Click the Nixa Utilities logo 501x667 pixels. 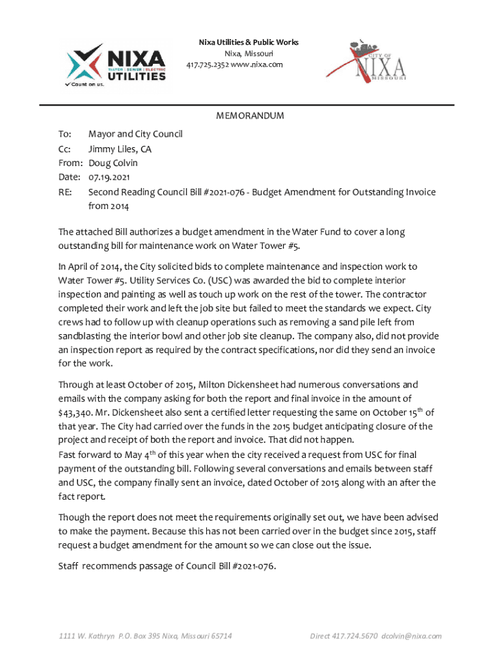[116, 64]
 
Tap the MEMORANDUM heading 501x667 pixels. [250, 116]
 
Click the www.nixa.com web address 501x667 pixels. [258, 64]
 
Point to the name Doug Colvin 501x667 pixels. [113, 163]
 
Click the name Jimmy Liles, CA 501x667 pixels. [120, 149]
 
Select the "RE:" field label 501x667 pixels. [64, 192]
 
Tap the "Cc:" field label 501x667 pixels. [64, 149]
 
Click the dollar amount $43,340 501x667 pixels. [79, 412]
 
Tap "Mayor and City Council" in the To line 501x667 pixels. [135, 134]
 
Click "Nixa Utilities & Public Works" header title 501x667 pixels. [249, 42]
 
